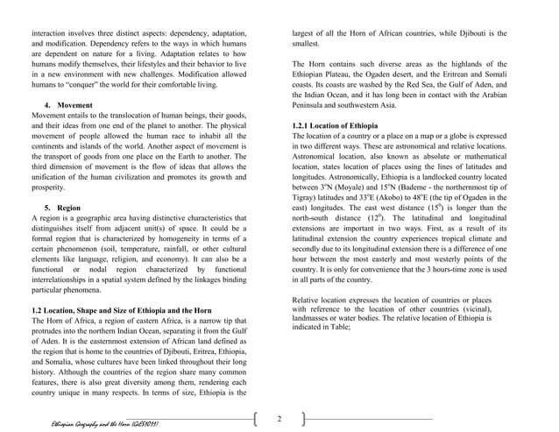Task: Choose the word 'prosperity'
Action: point(50,188)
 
